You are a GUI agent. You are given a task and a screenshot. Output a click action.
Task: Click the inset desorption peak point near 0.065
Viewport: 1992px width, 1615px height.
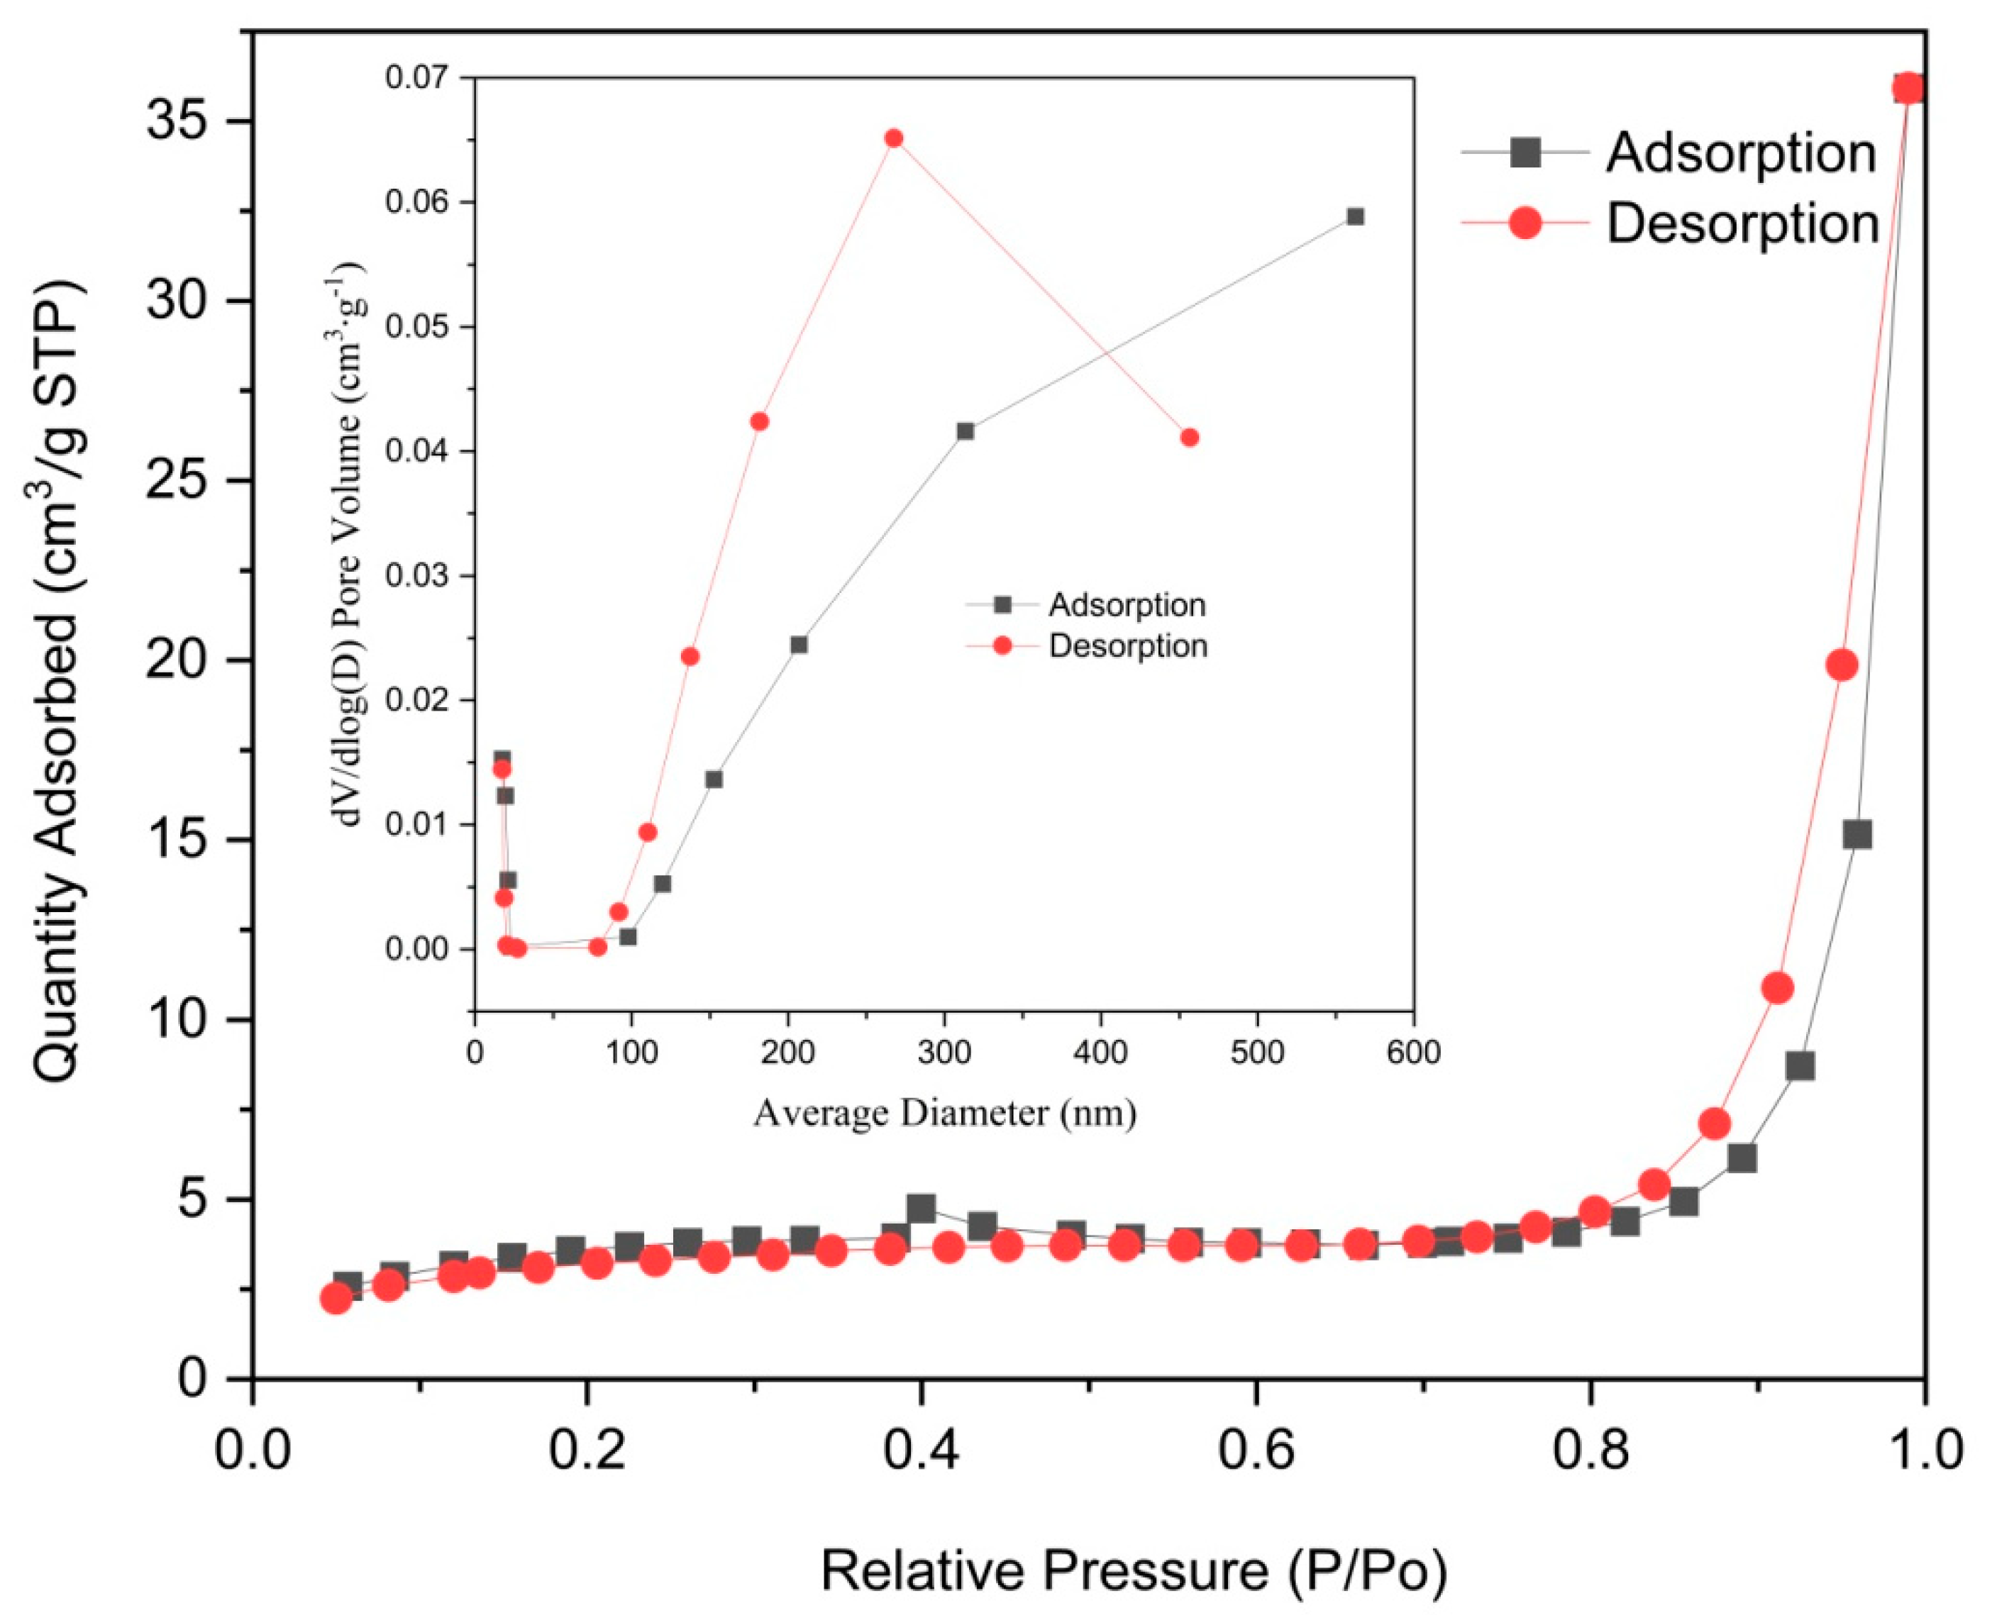tap(893, 138)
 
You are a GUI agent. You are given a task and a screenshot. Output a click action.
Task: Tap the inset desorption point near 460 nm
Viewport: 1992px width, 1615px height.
tap(1189, 437)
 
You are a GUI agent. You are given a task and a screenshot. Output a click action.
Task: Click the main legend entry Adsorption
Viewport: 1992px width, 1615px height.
tap(1740, 153)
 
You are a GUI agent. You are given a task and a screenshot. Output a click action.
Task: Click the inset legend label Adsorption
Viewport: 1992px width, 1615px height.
tap(1127, 605)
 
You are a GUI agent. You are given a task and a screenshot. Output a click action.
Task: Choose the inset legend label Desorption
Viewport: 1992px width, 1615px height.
tap(1128, 645)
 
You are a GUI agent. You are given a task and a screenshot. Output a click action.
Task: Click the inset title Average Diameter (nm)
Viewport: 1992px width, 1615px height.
tap(944, 1113)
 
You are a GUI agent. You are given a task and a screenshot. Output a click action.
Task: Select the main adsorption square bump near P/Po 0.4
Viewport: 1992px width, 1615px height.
tap(921, 1209)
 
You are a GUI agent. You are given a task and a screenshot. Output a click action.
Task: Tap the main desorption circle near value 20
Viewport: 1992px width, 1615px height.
tap(1842, 665)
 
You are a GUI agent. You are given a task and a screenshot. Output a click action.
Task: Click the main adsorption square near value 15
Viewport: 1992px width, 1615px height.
tap(1857, 835)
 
